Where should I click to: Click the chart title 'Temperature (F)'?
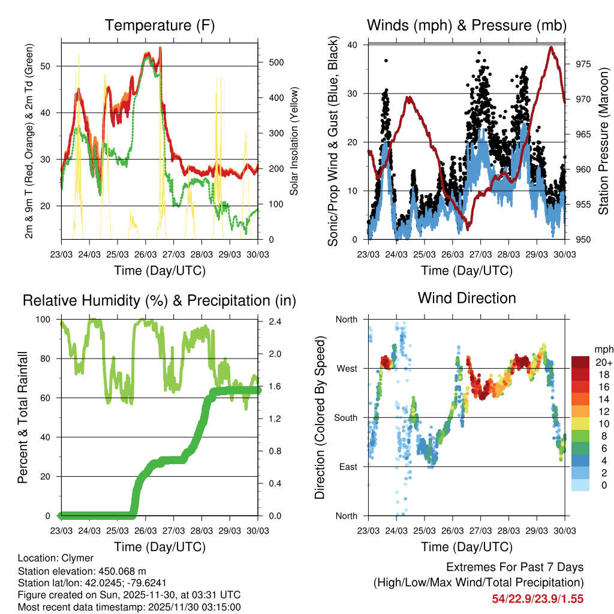(159, 25)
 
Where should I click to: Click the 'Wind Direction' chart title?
(466, 297)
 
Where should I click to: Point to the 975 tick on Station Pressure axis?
(581, 64)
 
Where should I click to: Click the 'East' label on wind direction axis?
(347, 466)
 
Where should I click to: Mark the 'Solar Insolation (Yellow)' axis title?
(294, 142)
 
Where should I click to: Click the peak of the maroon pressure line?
(550, 47)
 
